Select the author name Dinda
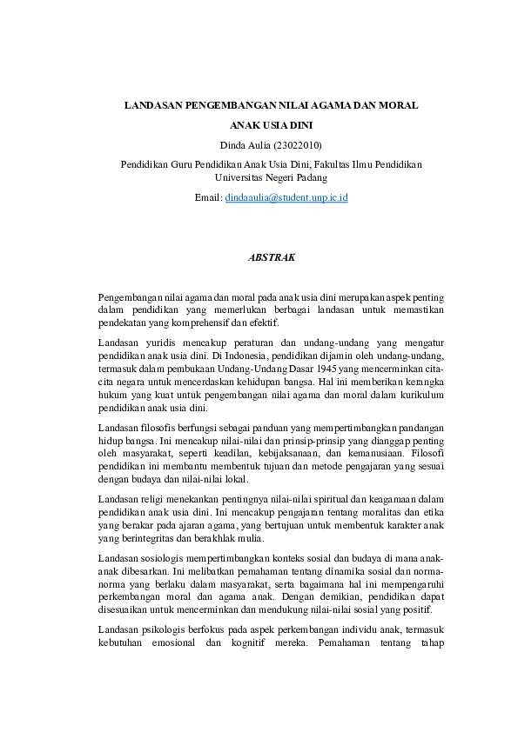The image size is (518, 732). click(229, 144)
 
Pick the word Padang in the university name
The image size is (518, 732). click(310, 176)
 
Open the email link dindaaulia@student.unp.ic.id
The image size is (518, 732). click(286, 198)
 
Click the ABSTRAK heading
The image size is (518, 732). click(272, 257)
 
